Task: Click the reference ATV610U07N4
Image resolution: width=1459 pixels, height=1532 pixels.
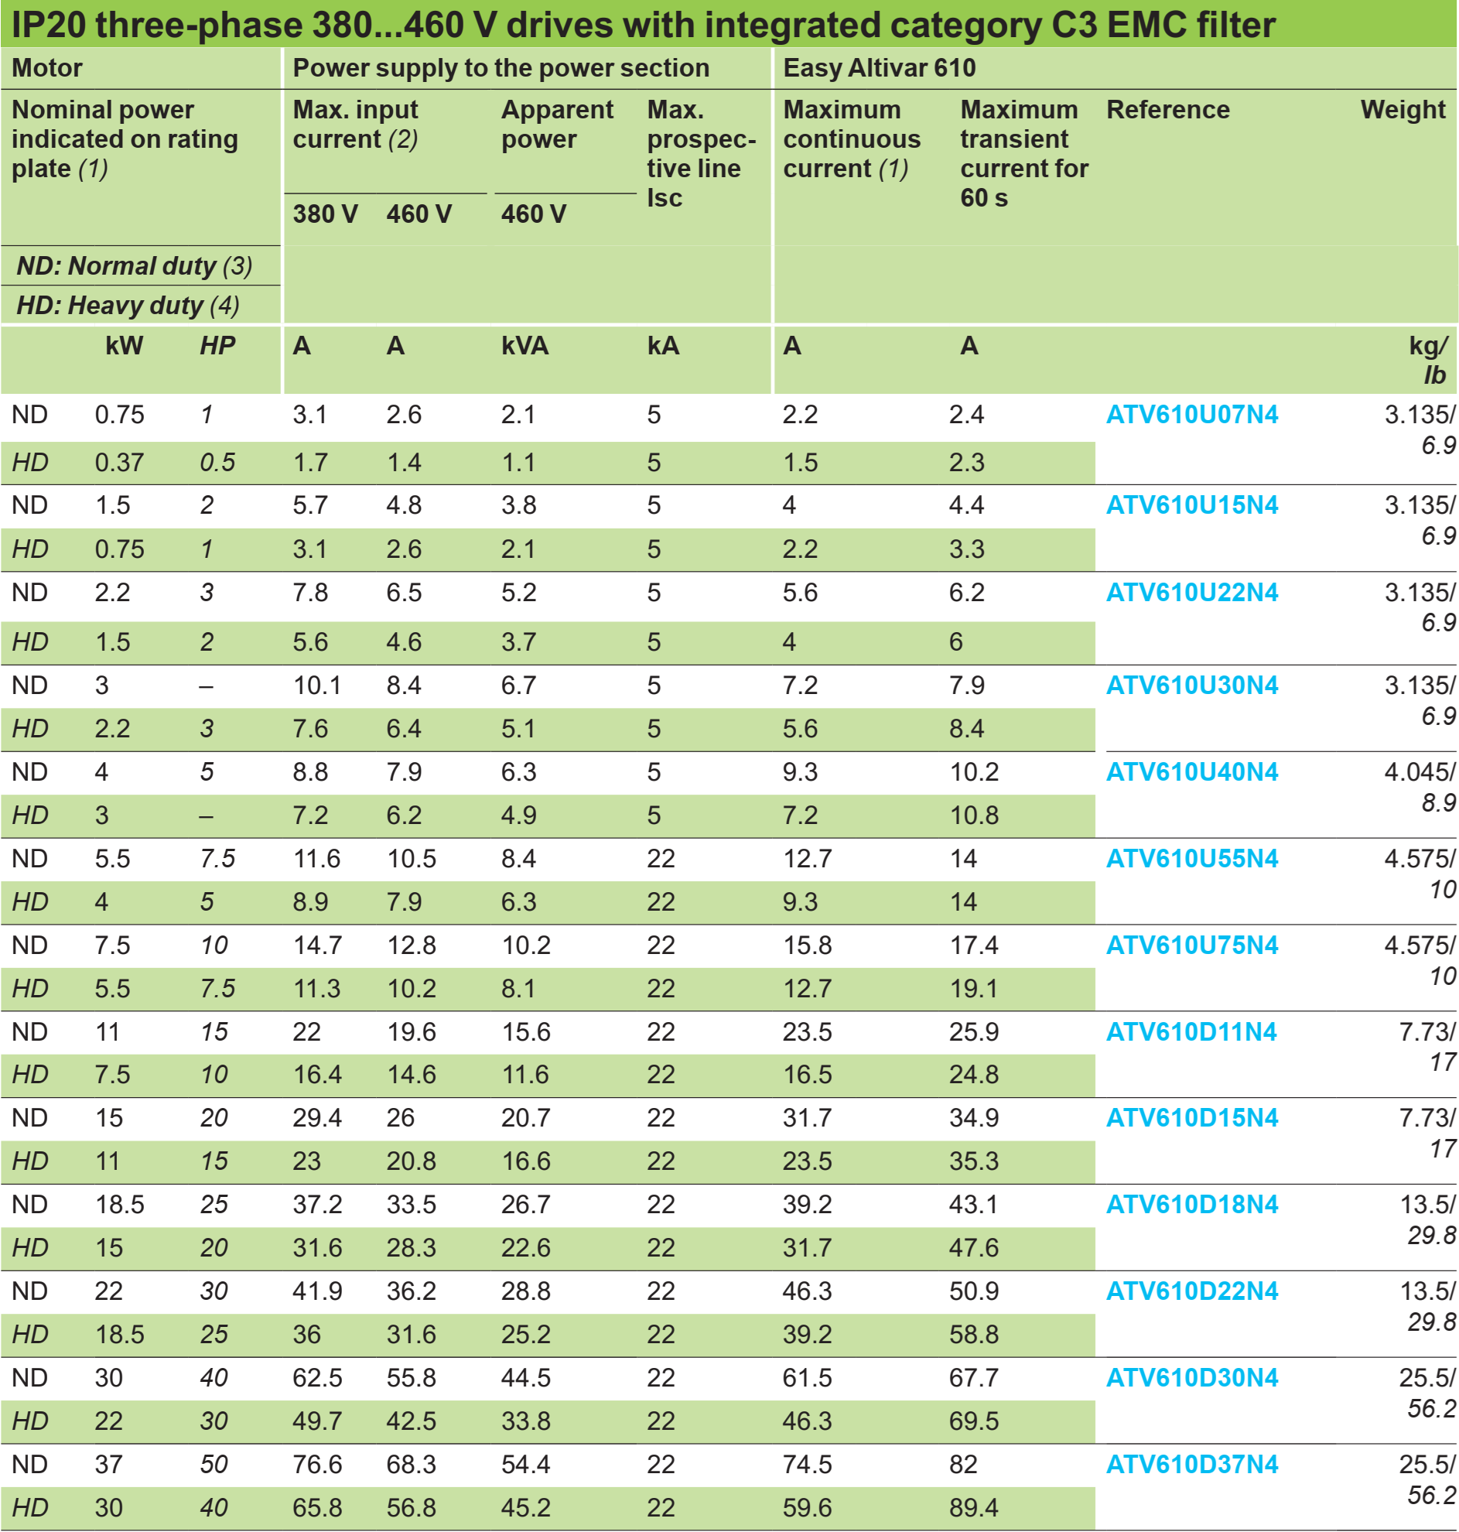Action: coord(1191,415)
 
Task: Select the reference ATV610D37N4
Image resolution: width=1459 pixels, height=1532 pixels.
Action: coord(1191,1465)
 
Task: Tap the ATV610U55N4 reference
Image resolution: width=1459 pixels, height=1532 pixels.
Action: coord(1191,859)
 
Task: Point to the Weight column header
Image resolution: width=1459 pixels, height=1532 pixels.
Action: coord(1403,110)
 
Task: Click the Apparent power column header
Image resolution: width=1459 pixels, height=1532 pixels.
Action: coord(557,125)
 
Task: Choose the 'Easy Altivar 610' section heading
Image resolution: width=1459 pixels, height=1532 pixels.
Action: coord(879,68)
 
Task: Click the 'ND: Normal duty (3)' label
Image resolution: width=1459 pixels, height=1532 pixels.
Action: coord(135,266)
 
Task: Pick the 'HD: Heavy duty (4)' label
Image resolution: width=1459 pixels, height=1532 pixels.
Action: coord(128,306)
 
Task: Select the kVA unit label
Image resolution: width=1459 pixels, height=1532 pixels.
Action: coord(525,345)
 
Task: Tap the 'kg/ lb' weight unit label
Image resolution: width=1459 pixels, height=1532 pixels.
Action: coord(1430,360)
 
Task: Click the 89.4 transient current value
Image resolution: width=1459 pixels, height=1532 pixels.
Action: coord(974,1508)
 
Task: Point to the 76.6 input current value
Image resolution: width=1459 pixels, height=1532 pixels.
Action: coord(317,1465)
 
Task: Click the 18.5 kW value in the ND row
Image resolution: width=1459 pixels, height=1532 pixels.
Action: coord(120,1205)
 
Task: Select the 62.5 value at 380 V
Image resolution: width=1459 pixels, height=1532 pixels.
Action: coord(317,1378)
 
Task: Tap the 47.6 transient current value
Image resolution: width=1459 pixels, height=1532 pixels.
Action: coord(974,1248)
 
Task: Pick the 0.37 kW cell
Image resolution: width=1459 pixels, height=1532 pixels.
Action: coord(120,463)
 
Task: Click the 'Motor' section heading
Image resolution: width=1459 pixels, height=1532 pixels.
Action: coord(46,68)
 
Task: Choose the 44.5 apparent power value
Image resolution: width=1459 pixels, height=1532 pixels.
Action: coord(526,1378)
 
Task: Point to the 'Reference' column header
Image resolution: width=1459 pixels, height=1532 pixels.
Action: coord(1167,110)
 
